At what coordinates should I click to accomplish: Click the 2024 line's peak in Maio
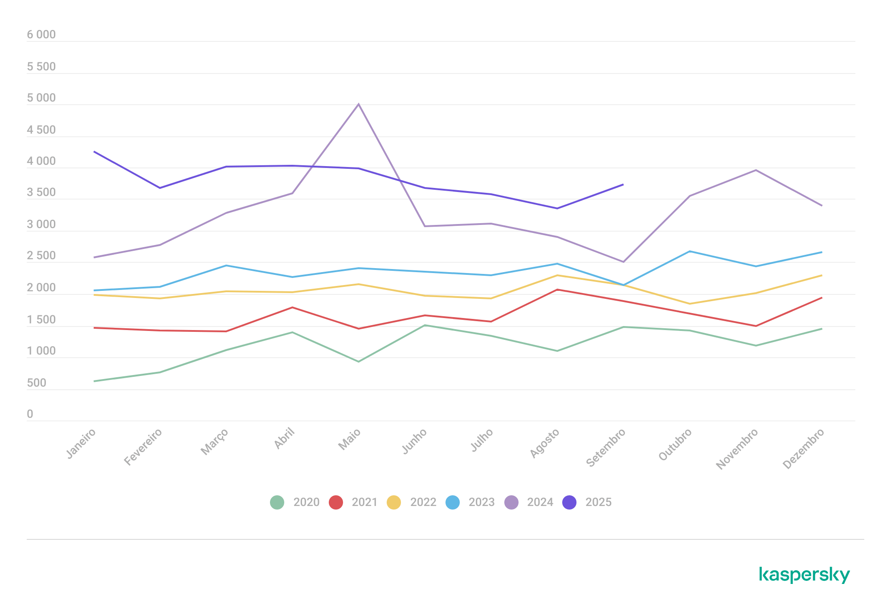(359, 104)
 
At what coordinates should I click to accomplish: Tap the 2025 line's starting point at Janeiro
(94, 152)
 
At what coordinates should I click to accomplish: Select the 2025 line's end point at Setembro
(623, 184)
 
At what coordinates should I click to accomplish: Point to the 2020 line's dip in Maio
(359, 361)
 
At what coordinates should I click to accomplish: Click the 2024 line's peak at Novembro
(756, 170)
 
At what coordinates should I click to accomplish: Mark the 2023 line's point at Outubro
(690, 251)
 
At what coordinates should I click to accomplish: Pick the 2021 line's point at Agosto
(557, 290)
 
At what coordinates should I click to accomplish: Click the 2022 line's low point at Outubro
(690, 304)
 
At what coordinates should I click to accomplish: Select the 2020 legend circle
(277, 502)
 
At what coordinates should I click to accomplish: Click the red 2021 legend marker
(335, 502)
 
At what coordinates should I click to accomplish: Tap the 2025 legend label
(598, 502)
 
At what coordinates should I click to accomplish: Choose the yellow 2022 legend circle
(394, 502)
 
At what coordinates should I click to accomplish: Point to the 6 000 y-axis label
(41, 35)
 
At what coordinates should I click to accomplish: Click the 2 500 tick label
(41, 256)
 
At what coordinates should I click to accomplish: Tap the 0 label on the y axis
(30, 414)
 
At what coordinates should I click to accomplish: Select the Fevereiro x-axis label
(143, 447)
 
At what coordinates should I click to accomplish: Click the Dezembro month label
(803, 449)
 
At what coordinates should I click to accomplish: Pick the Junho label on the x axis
(415, 441)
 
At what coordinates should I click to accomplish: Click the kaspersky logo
(804, 575)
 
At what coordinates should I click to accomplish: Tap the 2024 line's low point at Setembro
(623, 262)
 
